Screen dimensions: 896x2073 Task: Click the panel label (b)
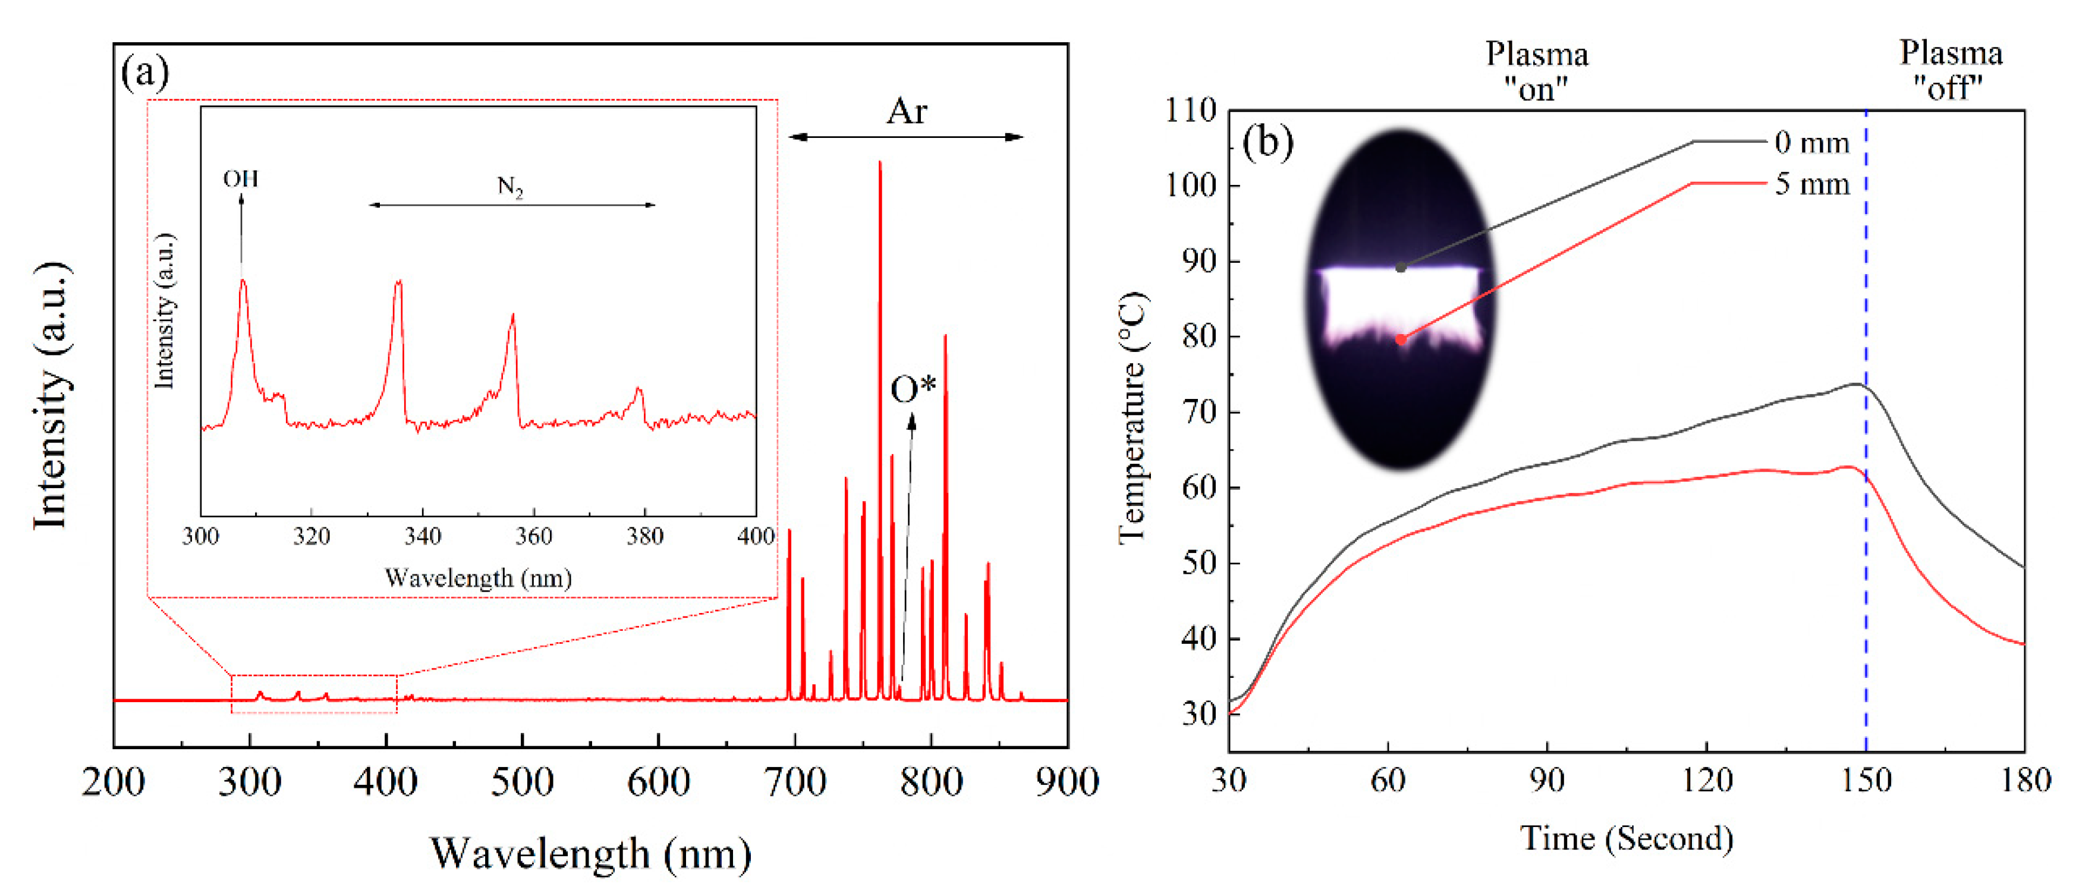(x=1267, y=143)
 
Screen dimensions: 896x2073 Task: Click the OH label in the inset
(x=241, y=179)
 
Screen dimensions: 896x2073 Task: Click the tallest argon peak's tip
(x=880, y=163)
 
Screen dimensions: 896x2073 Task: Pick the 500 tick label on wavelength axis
(x=523, y=782)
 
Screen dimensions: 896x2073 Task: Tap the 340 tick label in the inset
(x=423, y=536)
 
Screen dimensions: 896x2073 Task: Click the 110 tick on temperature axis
(x=1190, y=110)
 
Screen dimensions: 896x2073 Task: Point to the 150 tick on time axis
(x=1866, y=780)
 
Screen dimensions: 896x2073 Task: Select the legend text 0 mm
(x=1812, y=143)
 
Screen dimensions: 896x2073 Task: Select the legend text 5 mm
(x=1812, y=184)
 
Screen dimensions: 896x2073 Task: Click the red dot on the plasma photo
(x=1401, y=339)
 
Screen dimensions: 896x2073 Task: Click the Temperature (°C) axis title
(x=1133, y=419)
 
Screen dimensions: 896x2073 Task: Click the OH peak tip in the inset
(x=243, y=281)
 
